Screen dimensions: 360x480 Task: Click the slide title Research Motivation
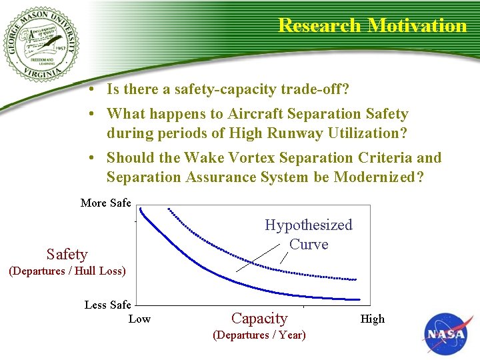(x=372, y=25)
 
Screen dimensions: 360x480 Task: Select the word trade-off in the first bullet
(x=316, y=89)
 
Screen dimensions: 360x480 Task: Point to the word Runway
(x=291, y=133)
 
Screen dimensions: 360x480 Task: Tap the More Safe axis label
(x=105, y=203)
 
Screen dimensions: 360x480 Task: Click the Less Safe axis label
(x=107, y=305)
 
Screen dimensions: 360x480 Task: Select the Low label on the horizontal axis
(x=139, y=319)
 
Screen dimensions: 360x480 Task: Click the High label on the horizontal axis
(x=373, y=319)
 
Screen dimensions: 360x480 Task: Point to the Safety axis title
(x=67, y=254)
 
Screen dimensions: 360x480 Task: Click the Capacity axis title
(x=259, y=318)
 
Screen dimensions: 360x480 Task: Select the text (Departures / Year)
(x=259, y=335)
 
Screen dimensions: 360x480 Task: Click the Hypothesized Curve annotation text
(x=308, y=234)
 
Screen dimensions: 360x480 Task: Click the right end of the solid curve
(x=359, y=300)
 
